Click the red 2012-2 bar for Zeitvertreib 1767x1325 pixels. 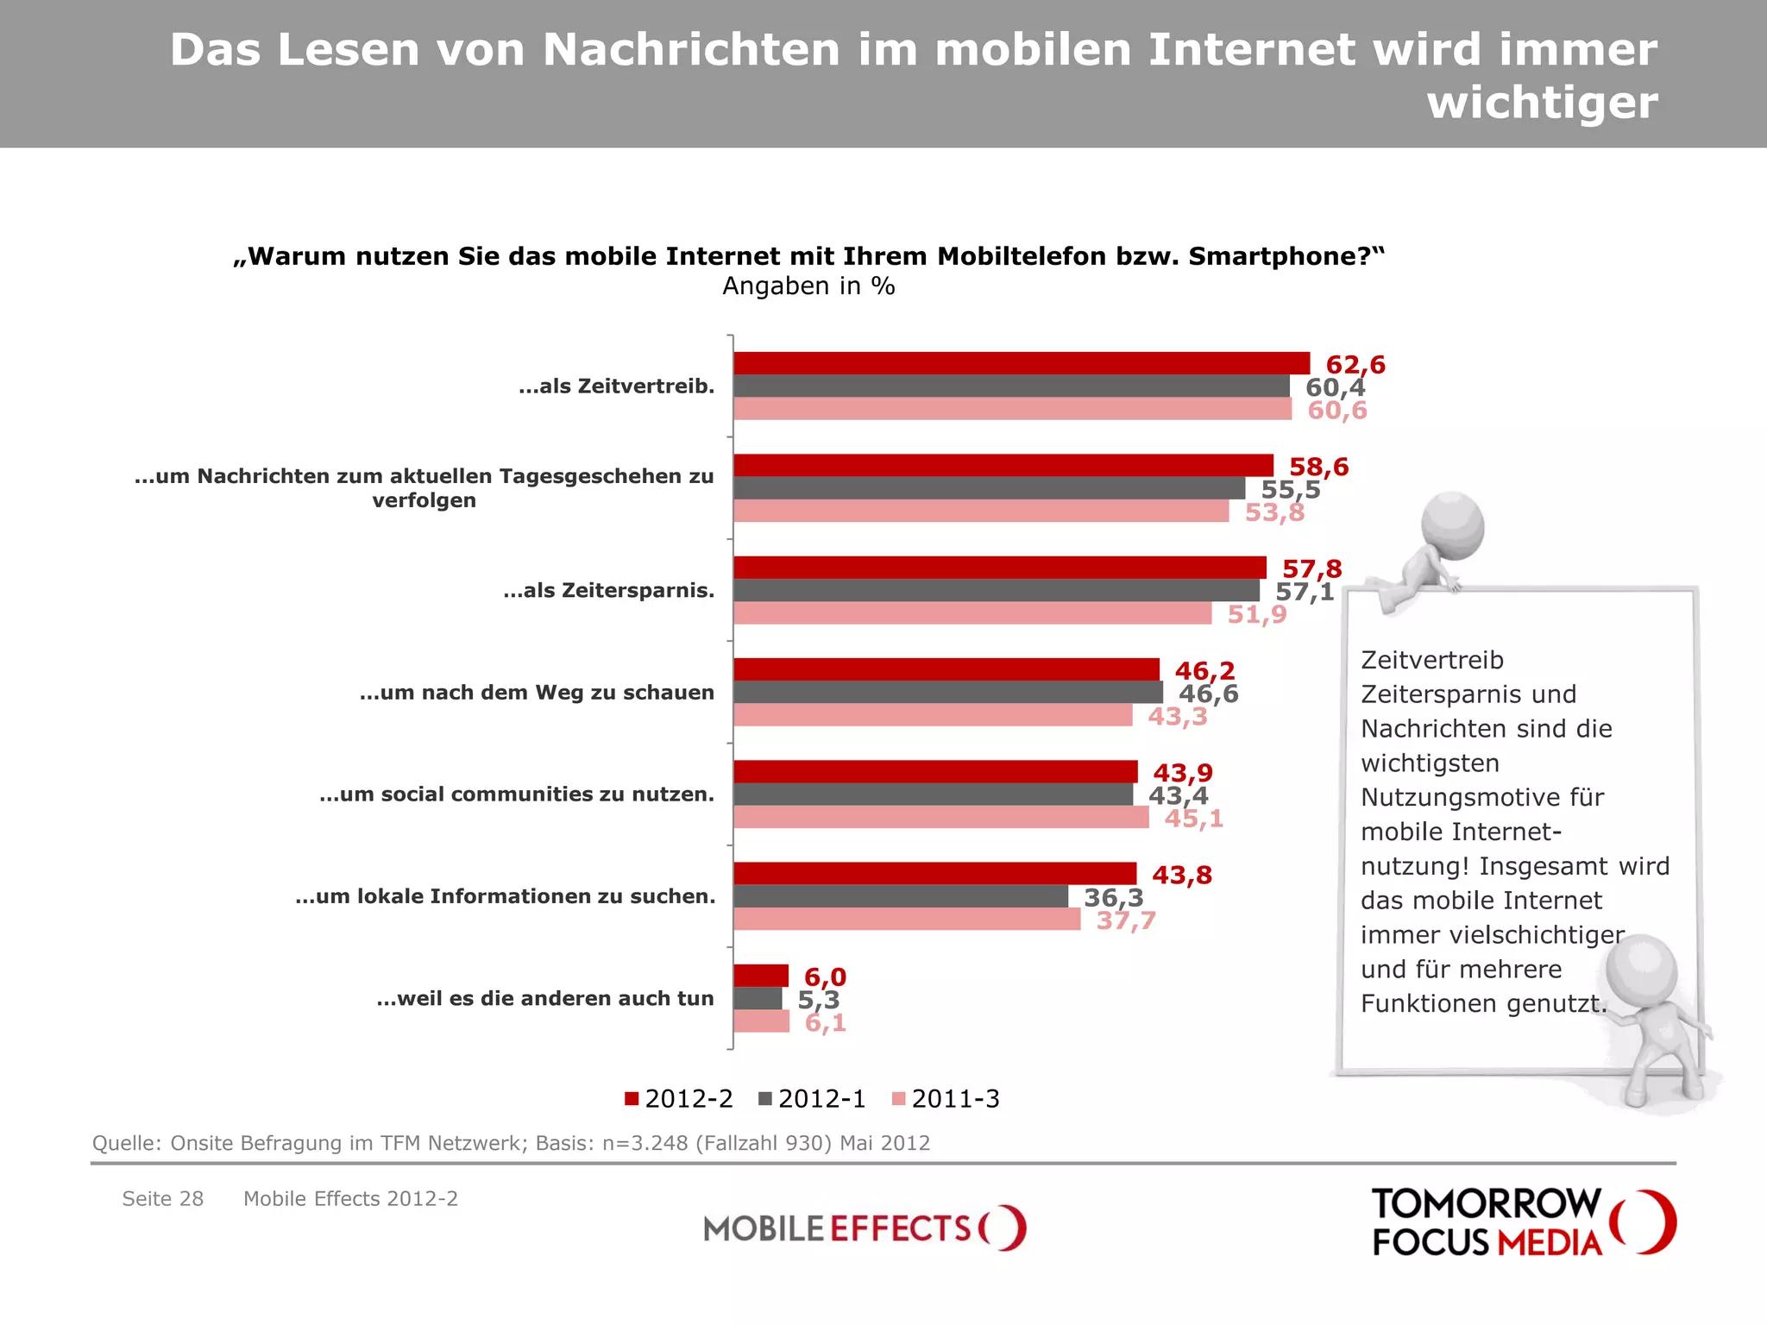pos(1022,363)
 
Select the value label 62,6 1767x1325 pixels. pos(1355,365)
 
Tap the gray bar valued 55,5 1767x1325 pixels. pos(989,488)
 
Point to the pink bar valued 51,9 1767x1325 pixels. pos(972,613)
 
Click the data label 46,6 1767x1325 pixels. pos(1208,694)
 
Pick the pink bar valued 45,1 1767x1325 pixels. pos(940,817)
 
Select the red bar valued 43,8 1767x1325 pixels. pos(934,873)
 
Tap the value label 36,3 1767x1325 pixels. pos(1113,897)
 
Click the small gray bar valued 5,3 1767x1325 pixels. pos(758,998)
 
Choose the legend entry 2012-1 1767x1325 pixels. pos(812,1099)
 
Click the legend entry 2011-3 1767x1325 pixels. pos(946,1099)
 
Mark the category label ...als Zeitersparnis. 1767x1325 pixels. pos(608,591)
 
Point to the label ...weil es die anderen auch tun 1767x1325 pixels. pos(545,999)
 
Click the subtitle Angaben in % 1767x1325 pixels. pos(808,286)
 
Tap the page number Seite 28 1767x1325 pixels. pos(162,1199)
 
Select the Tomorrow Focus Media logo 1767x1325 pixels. pos(1523,1221)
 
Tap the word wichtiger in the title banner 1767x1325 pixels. pos(1542,102)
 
